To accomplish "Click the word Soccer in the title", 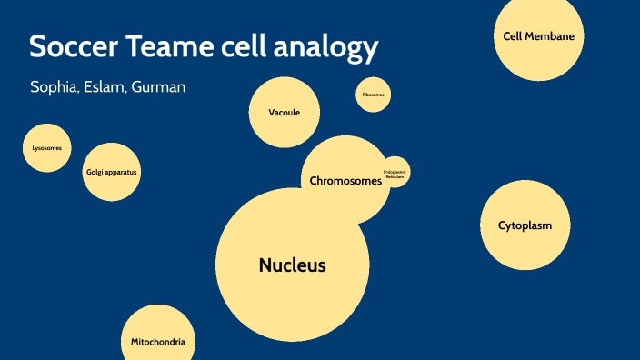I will (x=74, y=47).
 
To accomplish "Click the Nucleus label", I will (x=292, y=265).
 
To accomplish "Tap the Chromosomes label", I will (x=345, y=181).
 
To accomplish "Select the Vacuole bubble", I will (x=284, y=113).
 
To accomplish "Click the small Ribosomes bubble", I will (x=373, y=95).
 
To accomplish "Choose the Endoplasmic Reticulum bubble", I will (x=395, y=172).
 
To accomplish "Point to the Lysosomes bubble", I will (x=46, y=147).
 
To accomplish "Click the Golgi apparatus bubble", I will (x=113, y=172).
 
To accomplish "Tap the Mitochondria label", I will (x=158, y=342).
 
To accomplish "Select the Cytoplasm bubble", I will (x=525, y=225).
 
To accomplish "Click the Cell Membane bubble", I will (x=539, y=36).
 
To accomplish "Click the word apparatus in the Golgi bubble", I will (x=124, y=172).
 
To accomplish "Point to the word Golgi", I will (x=95, y=172).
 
